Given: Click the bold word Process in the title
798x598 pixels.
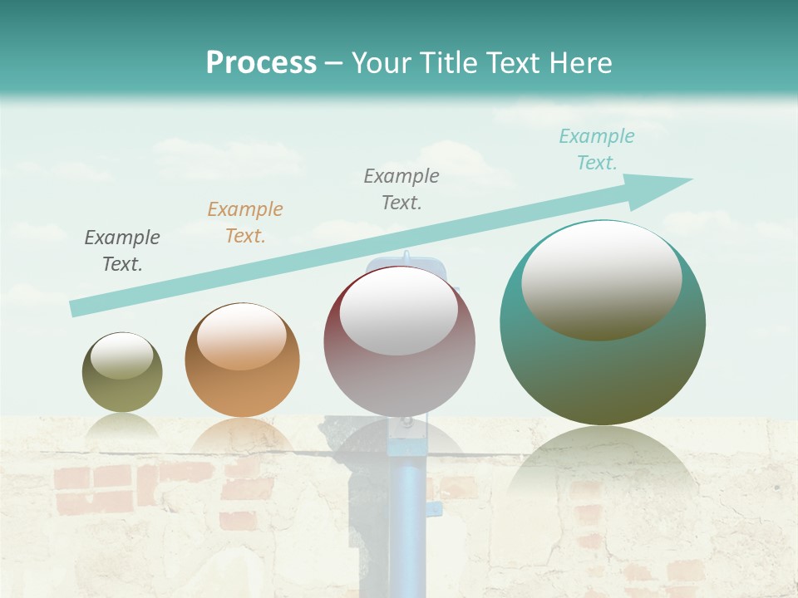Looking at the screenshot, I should click(261, 63).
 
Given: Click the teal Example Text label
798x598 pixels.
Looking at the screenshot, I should click(597, 149).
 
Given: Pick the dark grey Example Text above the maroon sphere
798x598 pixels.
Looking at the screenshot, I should click(401, 189).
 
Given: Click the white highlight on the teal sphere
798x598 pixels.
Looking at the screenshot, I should click(601, 281).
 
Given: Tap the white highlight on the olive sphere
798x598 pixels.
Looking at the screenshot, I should click(121, 356).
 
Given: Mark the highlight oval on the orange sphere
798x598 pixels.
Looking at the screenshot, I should click(242, 336).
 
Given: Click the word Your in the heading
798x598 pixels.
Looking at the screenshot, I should click(380, 63).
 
